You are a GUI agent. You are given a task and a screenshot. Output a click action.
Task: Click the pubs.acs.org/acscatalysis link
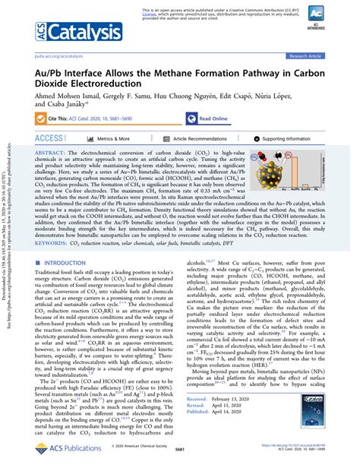59,55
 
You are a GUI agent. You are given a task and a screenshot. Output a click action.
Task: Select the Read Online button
213,119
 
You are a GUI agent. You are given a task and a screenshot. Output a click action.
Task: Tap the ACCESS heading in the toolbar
49,139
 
